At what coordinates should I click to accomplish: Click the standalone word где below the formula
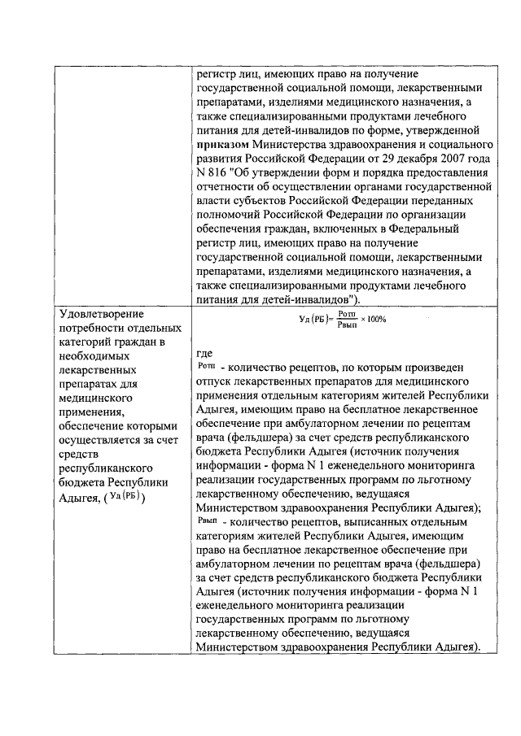[x=205, y=355]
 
